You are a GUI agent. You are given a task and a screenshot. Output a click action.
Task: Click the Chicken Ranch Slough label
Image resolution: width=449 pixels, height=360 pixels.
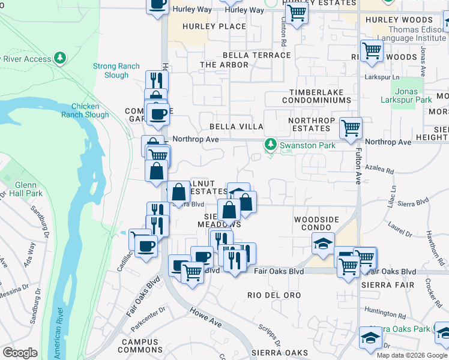click(89, 110)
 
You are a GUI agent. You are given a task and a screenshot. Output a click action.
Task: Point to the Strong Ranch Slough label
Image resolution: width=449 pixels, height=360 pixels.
click(116, 71)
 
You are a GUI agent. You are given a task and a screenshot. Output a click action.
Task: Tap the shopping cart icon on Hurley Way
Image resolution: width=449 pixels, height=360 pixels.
click(296, 13)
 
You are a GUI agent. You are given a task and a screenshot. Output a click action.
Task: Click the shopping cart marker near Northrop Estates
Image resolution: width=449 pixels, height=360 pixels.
click(351, 127)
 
